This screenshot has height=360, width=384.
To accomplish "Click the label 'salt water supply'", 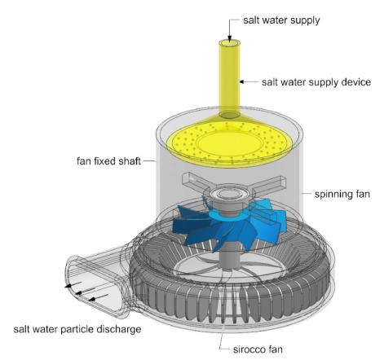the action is click(281, 20).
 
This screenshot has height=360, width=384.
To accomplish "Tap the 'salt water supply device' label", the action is click(316, 82).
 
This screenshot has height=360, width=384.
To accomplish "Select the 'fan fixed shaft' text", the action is click(108, 161).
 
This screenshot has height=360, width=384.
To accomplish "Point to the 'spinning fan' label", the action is click(342, 194).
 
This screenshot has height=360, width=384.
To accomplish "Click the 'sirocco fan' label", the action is click(258, 349).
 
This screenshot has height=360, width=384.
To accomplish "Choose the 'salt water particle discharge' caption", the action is click(77, 329).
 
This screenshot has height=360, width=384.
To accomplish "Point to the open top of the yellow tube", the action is click(230, 43).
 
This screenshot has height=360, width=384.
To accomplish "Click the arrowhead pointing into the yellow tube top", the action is click(230, 40).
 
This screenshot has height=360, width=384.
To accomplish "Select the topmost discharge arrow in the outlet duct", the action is click(73, 284).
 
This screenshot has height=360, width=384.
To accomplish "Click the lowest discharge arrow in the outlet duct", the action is click(99, 297).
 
